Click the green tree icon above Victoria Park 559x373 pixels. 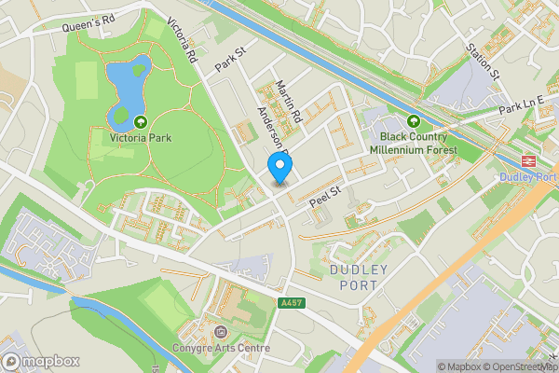click(x=140, y=121)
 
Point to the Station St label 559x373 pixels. click(x=484, y=61)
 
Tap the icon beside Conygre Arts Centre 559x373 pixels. click(x=221, y=333)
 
